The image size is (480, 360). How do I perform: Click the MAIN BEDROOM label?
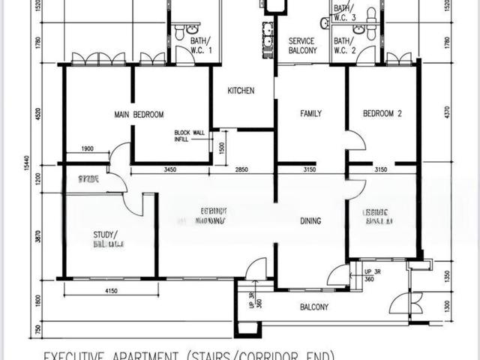click(x=139, y=115)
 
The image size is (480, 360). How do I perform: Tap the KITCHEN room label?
click(x=241, y=91)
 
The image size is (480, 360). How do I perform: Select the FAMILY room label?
click(x=311, y=114)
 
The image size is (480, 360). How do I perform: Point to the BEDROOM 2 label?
click(x=382, y=114)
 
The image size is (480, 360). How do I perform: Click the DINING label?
click(x=310, y=221)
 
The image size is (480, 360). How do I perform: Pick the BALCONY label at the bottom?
click(x=314, y=307)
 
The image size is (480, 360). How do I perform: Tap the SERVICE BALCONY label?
click(x=303, y=46)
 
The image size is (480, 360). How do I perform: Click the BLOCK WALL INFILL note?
click(x=189, y=136)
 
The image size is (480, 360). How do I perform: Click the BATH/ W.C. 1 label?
click(x=201, y=45)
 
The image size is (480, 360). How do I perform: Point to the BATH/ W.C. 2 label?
click(x=345, y=46)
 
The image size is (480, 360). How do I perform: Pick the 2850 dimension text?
click(x=241, y=171)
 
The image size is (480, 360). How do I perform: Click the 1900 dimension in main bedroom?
click(x=87, y=149)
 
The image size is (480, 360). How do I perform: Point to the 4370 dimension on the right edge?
click(x=448, y=112)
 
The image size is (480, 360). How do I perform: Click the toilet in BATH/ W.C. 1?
click(x=179, y=31)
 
